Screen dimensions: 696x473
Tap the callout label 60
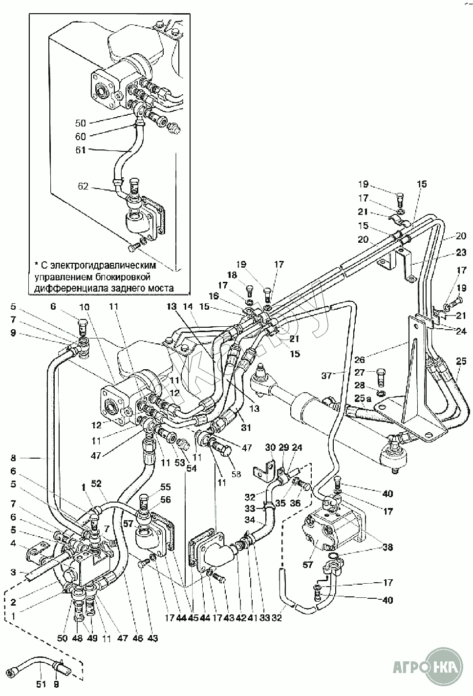[x=81, y=137]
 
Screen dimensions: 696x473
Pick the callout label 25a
[x=359, y=399]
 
